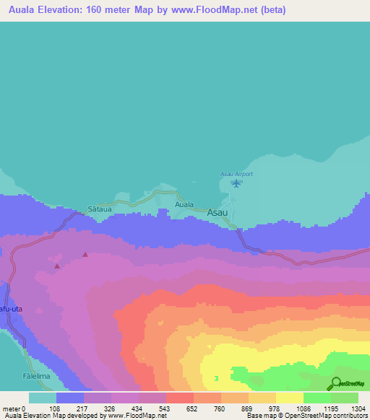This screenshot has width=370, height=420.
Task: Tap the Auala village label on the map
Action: [x=184, y=204]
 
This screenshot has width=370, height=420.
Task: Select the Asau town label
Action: [x=218, y=213]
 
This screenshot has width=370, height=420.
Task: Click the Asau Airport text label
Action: [x=236, y=174]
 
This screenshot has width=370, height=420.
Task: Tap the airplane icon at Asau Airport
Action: [x=236, y=183]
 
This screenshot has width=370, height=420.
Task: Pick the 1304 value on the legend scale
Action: [x=358, y=408]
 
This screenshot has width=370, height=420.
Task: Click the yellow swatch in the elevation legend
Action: [x=289, y=398]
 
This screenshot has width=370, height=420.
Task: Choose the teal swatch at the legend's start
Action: [x=42, y=398]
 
